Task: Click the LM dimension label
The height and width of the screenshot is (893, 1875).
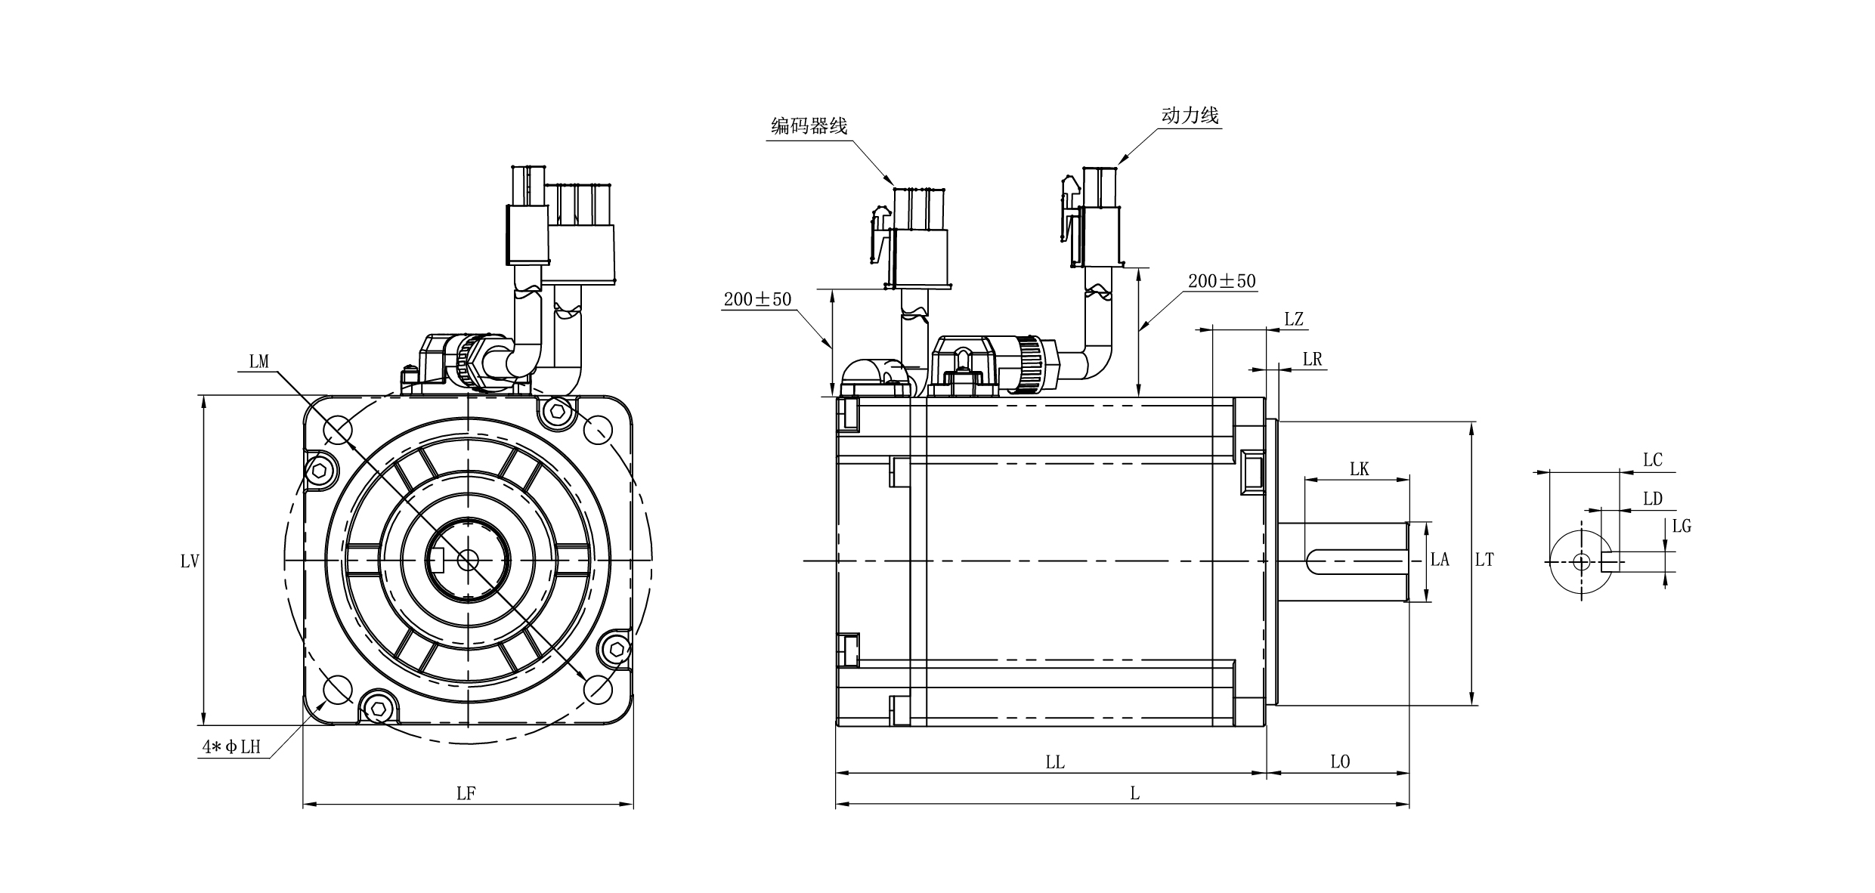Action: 259,362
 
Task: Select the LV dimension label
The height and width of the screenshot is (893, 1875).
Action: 190,561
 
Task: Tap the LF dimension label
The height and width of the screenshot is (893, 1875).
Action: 466,793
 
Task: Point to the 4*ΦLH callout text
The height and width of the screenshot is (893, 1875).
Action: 231,747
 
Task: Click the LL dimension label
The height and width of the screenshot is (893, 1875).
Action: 1055,762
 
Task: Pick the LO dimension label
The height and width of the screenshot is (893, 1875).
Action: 1340,762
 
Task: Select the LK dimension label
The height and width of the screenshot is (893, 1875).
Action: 1359,469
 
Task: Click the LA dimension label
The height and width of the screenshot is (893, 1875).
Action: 1440,560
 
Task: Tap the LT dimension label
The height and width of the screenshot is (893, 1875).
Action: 1484,560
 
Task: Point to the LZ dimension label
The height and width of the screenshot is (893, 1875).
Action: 1294,319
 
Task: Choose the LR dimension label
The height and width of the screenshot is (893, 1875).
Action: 1313,359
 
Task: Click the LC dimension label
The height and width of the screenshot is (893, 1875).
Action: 1652,460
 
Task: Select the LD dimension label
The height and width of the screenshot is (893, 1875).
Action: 1652,499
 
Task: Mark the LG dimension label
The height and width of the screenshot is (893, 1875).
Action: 1681,526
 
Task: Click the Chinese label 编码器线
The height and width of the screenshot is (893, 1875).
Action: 809,126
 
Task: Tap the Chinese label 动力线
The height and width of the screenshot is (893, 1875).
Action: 1190,116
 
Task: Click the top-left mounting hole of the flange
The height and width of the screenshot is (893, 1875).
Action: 338,431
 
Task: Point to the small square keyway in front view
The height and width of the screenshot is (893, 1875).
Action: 436,560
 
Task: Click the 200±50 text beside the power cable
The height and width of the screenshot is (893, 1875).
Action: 1221,281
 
